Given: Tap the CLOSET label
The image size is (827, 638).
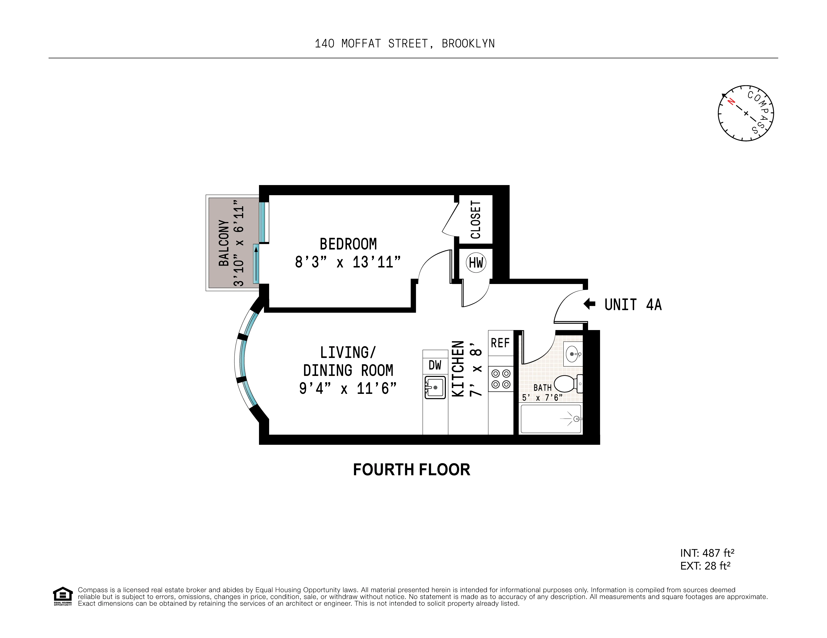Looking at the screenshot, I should pos(476,220).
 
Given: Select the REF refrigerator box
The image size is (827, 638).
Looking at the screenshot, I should pos(500,343).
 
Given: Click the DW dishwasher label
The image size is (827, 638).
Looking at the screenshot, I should pos(435,365).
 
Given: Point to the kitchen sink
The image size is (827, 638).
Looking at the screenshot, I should pos(435,387).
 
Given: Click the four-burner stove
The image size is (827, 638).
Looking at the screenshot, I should pos(501,379).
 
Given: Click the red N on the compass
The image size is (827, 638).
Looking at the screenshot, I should pos(731,101).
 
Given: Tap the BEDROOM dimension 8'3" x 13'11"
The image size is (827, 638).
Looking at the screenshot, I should pos(348,262).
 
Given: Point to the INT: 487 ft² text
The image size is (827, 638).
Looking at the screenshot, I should pos(707,553).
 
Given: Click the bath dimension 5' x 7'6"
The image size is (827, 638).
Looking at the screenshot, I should pos(542,398).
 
